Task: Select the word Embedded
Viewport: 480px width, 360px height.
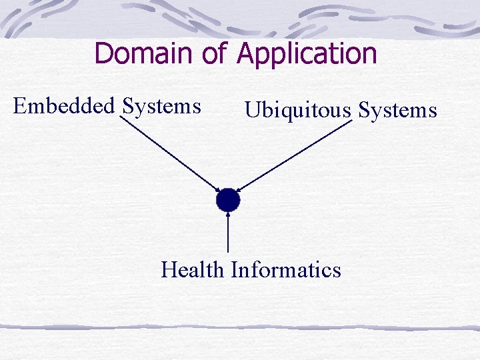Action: (64, 105)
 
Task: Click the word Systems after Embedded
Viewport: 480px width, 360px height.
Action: (161, 106)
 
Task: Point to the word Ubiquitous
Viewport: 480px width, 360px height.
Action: (297, 110)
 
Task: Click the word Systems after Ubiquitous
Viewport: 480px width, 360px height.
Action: (397, 110)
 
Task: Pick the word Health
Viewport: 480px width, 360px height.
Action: (192, 270)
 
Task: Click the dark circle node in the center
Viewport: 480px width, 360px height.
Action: (227, 199)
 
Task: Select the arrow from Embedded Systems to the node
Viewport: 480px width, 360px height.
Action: (170, 152)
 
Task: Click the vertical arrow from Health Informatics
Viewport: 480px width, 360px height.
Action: (228, 233)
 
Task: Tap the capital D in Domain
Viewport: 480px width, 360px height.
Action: (105, 53)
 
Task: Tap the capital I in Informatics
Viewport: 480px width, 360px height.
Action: (235, 270)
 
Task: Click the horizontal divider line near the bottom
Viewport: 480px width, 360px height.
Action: (240, 327)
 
